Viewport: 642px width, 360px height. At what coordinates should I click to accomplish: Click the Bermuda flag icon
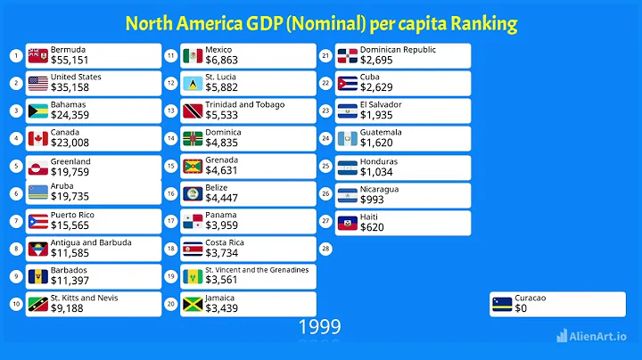(x=37, y=56)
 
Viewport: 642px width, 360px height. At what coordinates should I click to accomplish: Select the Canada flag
(x=37, y=139)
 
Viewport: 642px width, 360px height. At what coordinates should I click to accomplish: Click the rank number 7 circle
(x=16, y=222)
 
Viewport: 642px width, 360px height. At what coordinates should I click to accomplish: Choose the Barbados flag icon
(x=37, y=276)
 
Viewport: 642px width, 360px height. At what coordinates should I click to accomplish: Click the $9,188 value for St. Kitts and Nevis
(x=68, y=309)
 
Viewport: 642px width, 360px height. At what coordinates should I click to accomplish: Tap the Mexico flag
(x=193, y=56)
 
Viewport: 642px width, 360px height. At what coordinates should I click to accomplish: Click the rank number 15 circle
(x=170, y=167)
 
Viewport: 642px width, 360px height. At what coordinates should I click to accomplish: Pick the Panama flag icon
(x=193, y=221)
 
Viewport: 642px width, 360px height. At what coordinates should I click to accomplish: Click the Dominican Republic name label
(x=398, y=50)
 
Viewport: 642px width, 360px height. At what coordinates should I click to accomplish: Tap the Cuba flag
(x=348, y=84)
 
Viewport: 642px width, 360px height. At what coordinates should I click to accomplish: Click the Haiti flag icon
(x=348, y=222)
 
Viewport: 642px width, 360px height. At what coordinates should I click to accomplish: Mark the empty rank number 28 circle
(x=325, y=249)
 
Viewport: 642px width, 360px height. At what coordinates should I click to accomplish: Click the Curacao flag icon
(x=502, y=304)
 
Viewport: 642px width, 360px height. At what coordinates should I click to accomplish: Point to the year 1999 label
(x=319, y=327)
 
